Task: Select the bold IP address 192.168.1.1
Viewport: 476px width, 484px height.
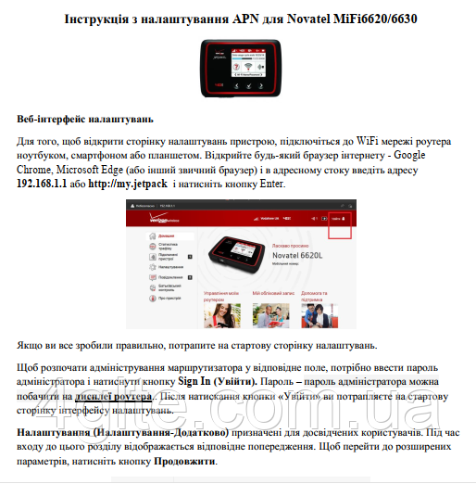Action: click(x=44, y=184)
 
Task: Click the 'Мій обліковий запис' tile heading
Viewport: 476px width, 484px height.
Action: click(x=274, y=291)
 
